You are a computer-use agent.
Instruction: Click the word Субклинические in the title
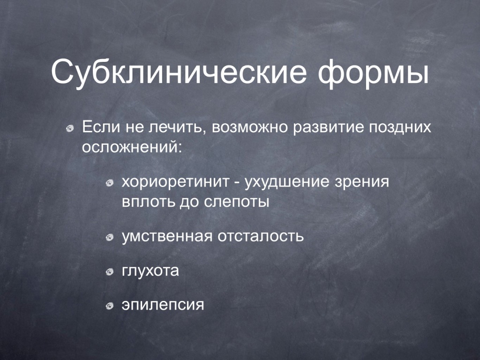coord(179,72)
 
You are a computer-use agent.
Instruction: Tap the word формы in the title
coord(373,73)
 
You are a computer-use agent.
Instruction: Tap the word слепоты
coord(236,202)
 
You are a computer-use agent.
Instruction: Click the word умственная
coord(167,237)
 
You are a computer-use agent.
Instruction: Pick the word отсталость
coord(261,237)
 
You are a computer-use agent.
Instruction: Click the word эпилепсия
coord(163,305)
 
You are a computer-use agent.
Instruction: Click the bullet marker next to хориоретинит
coord(109,184)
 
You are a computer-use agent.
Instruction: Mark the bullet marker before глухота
coord(109,272)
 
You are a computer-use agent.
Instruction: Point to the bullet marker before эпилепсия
coord(109,306)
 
